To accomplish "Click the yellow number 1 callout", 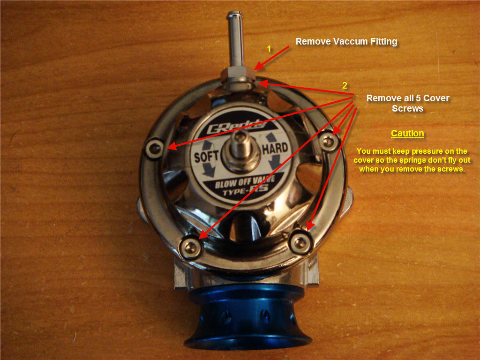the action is pos(269,49).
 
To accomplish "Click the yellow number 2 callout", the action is pos(345,85).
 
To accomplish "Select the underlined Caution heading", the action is pos(407,134).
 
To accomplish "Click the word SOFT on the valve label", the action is pos(206,156).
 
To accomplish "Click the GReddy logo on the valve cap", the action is pos(236,127).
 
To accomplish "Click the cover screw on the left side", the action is pos(154,149).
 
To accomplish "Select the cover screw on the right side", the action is pos(329,141).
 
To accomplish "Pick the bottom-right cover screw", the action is pos(300,242).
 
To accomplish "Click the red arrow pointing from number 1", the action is pos(272,58).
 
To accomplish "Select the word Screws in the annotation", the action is pos(407,109).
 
